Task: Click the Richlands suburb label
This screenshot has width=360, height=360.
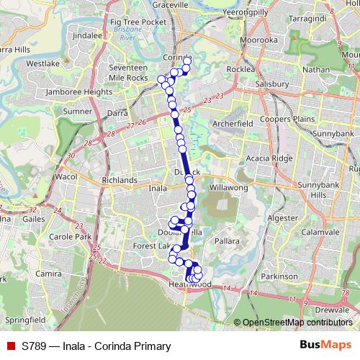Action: coord(120,180)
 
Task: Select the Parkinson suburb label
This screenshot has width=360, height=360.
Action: coord(281,276)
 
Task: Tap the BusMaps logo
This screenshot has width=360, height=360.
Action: coord(325,346)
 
